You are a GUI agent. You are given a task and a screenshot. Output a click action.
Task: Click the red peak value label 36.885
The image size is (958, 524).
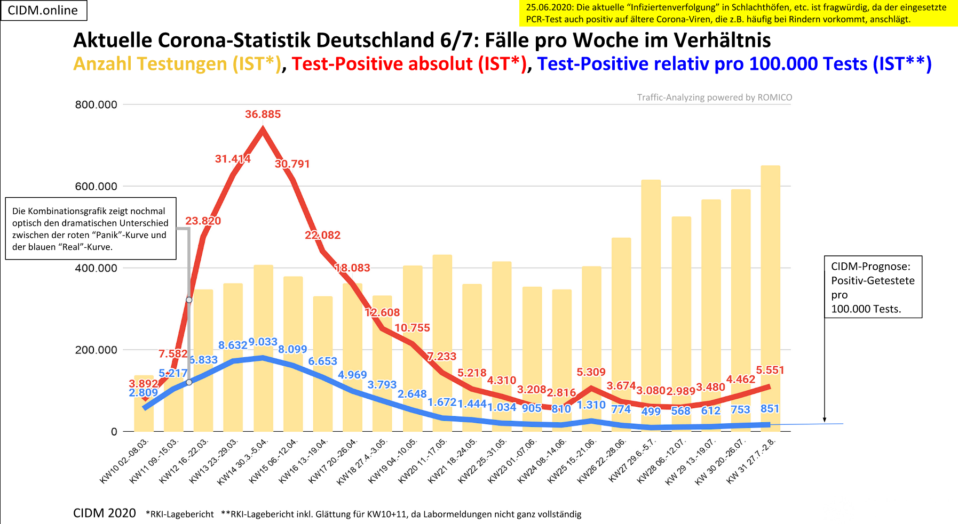click(x=263, y=114)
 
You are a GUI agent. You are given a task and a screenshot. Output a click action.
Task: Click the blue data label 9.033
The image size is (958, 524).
click(x=263, y=342)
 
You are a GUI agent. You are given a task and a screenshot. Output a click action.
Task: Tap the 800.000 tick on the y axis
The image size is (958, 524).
click(x=96, y=104)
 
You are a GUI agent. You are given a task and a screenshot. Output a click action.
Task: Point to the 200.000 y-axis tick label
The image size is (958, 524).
click(x=96, y=350)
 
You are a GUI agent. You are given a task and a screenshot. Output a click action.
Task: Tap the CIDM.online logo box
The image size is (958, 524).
click(x=43, y=10)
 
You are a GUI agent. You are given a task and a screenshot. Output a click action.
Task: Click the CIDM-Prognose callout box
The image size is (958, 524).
click(x=873, y=287)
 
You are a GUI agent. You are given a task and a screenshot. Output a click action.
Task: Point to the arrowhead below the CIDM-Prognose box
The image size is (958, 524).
click(x=824, y=420)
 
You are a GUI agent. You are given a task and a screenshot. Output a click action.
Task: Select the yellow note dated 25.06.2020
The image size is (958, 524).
click(x=738, y=13)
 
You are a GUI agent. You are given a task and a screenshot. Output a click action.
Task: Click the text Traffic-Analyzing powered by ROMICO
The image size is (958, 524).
click(x=714, y=98)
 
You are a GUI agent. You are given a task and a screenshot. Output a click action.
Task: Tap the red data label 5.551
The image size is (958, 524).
click(x=770, y=370)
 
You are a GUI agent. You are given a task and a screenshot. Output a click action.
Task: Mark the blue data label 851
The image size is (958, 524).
click(x=770, y=409)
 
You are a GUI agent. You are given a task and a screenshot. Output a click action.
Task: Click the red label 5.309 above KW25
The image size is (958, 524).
click(x=591, y=372)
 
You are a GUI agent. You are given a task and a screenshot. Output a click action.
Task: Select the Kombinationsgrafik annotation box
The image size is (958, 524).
click(x=91, y=229)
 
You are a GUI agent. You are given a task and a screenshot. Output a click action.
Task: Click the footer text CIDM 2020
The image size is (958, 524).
click(x=105, y=513)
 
